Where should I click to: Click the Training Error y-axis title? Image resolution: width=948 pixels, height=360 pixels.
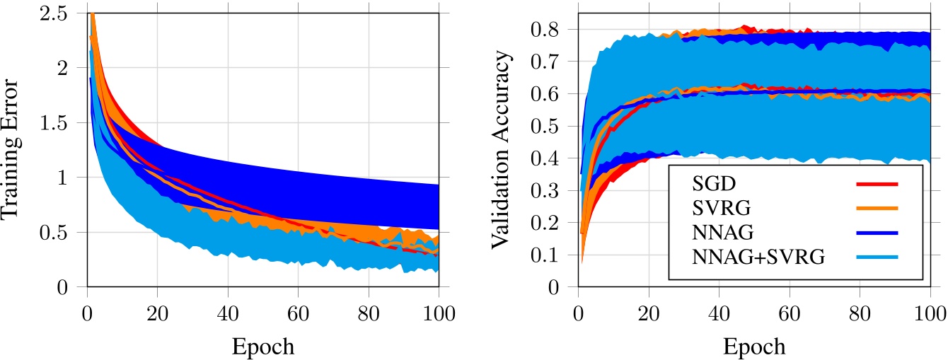click(x=16, y=150)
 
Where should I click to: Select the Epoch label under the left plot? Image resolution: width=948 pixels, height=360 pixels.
click(x=262, y=346)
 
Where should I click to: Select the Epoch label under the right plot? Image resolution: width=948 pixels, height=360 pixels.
click(x=754, y=346)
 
